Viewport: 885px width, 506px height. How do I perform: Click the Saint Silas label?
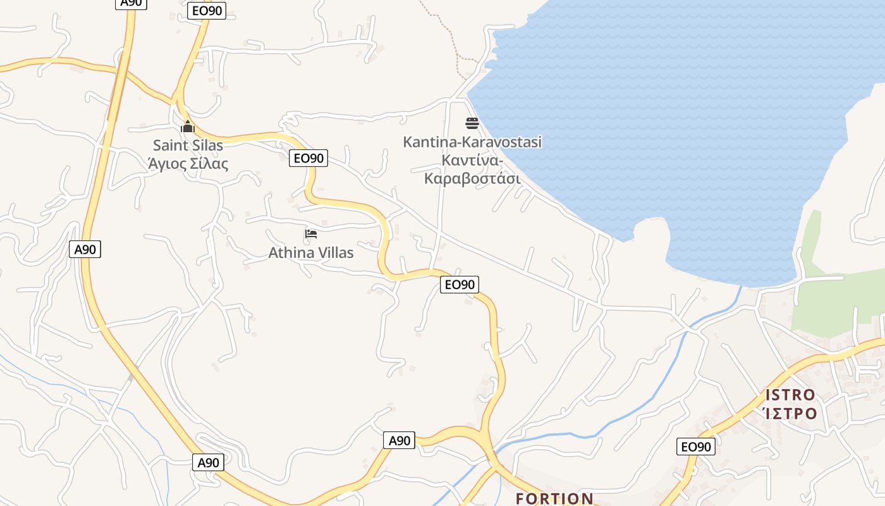pos(188,145)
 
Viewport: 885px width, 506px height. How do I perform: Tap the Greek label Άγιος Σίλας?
pos(188,164)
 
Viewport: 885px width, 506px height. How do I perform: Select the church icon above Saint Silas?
pos(187,127)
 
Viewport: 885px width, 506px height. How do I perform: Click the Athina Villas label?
pos(311,253)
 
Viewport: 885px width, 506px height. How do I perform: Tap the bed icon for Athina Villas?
pos(311,234)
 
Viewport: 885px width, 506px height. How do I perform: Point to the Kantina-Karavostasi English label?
pos(472,142)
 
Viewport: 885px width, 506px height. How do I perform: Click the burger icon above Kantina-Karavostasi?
pos(472,123)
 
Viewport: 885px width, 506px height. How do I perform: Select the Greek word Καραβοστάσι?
pos(472,178)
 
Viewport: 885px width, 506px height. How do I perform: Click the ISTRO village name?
pos(790,395)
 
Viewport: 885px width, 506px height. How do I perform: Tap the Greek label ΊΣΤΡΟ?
pos(790,414)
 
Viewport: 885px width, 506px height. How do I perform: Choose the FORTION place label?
pos(554,498)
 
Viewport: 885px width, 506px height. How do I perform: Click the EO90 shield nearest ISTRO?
pos(696,447)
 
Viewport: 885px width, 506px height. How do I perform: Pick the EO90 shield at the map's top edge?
pos(207,11)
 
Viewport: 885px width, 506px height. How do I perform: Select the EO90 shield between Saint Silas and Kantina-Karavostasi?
pos(308,158)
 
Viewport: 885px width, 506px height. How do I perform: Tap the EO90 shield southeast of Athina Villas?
pos(460,285)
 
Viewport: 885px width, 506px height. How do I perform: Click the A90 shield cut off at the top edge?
pos(131,3)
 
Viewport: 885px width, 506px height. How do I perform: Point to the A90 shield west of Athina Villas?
pos(85,249)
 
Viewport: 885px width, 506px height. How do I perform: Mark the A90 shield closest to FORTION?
pos(399,440)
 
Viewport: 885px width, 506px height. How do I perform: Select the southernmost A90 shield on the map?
pos(208,462)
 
